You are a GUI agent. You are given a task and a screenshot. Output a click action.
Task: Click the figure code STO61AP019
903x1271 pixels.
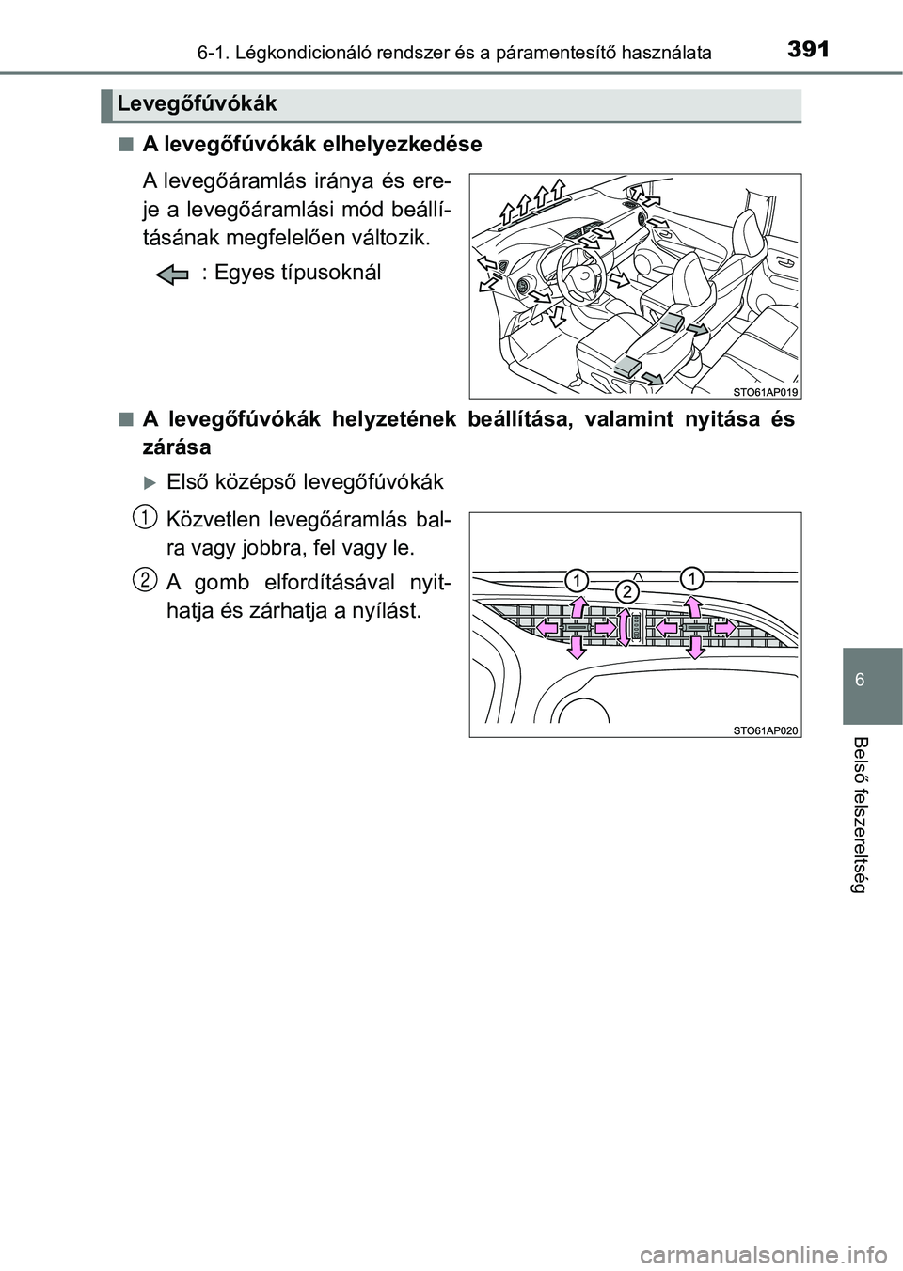(x=765, y=391)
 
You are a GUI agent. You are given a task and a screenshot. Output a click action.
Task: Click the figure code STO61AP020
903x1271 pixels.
(x=765, y=730)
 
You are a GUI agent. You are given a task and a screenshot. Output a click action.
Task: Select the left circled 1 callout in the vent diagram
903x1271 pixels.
(x=577, y=579)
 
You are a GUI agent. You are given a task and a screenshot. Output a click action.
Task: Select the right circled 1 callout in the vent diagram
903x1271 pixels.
(x=692, y=577)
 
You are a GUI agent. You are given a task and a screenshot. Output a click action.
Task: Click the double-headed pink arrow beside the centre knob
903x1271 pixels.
(x=621, y=628)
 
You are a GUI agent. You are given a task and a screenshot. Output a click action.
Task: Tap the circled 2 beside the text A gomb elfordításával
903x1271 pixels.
(x=143, y=578)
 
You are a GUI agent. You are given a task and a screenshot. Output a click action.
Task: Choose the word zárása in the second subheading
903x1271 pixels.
(x=176, y=446)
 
